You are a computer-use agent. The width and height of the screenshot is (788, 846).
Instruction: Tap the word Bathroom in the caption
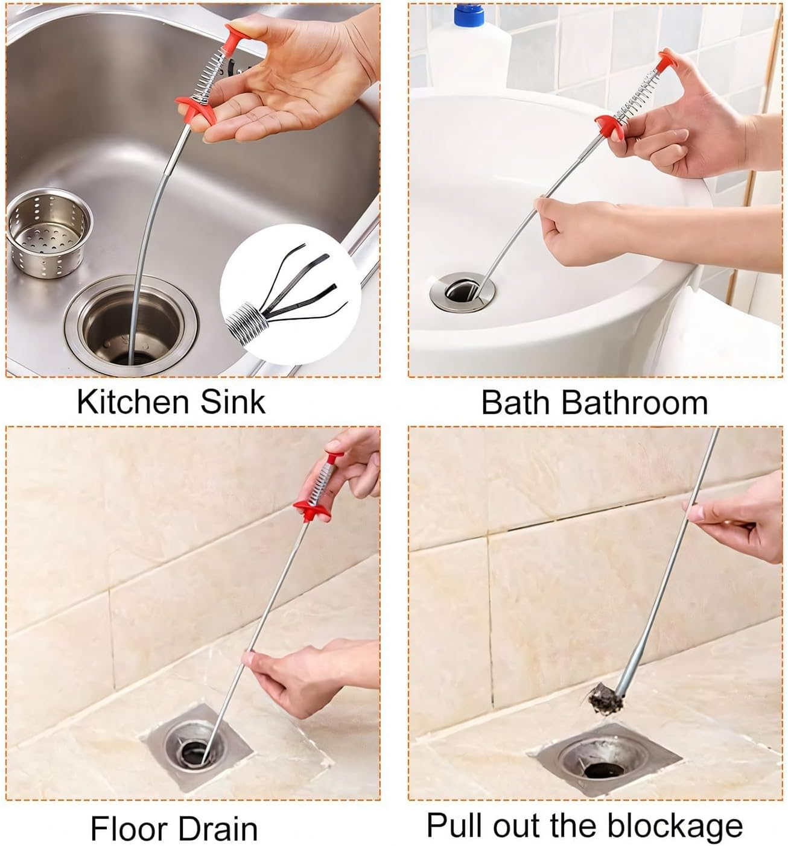tap(634, 403)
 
